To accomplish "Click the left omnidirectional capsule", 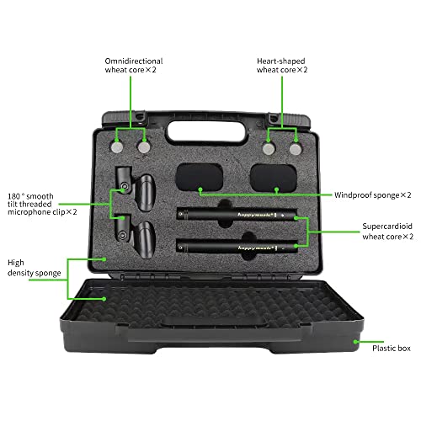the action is click(x=117, y=147).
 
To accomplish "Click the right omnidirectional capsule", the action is click(x=144, y=147).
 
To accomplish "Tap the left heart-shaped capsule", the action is click(x=269, y=149).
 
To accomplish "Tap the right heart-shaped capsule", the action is click(x=296, y=149).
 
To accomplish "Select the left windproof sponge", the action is click(x=200, y=178).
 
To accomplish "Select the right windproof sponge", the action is click(x=274, y=179).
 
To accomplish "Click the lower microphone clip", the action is click(x=136, y=237).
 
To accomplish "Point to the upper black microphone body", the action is click(x=237, y=215).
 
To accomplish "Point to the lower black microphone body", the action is click(x=237, y=248).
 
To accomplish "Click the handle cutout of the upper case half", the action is click(x=207, y=131).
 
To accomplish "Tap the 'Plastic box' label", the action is click(x=392, y=349).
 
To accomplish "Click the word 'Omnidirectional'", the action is click(x=134, y=61).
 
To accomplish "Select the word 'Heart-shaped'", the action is click(x=281, y=61).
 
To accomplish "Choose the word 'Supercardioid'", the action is click(x=387, y=226).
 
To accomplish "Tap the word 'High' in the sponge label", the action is click(x=16, y=263).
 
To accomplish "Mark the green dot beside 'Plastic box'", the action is click(x=355, y=342).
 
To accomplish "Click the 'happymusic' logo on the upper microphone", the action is click(x=255, y=215).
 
